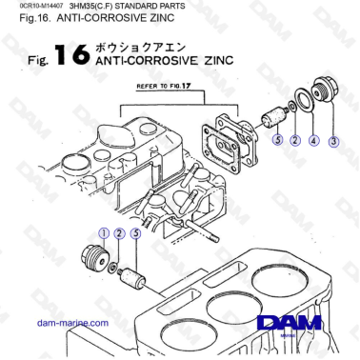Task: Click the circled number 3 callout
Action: (333, 141)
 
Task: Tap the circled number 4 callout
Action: (313, 141)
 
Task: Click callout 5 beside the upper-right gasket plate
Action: (277, 141)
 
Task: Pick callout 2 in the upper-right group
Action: (295, 141)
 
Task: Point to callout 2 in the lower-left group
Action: (119, 232)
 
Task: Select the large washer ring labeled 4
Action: (305, 101)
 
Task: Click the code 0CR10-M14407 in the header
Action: (33, 6)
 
